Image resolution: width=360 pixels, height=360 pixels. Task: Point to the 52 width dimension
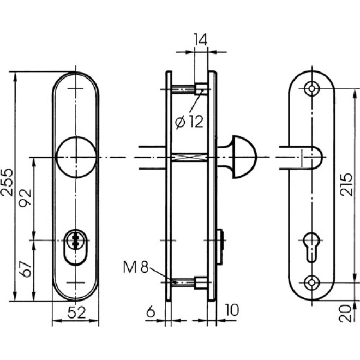[76, 313]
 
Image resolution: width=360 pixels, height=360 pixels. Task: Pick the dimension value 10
[232, 310]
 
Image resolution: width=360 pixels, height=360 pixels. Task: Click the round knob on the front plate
[76, 157]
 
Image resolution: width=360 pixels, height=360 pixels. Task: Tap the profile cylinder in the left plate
[76, 243]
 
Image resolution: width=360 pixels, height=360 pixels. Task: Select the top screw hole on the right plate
[312, 88]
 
